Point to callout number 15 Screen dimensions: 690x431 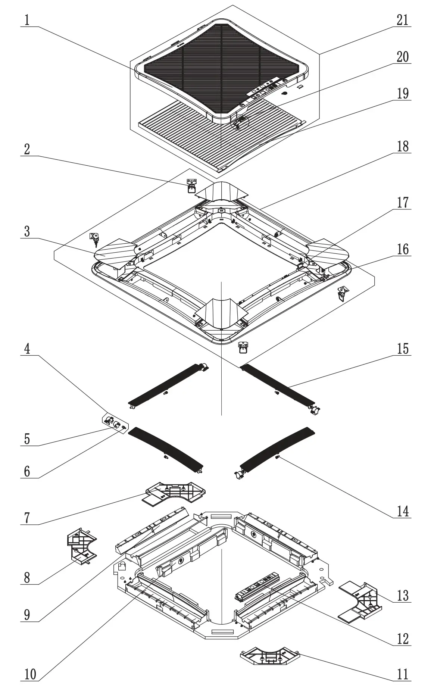(402, 349)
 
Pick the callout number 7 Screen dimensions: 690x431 (27, 518)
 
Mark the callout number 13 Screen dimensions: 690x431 (402, 596)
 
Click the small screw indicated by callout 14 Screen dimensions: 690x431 (278, 456)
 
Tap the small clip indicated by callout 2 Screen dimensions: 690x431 (191, 185)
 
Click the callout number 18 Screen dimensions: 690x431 (402, 147)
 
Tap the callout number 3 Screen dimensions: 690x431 (27, 231)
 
